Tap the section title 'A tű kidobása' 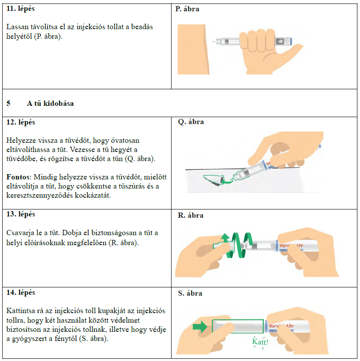[x=50, y=104]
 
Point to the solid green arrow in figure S [x=200, y=327]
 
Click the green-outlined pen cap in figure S [x=238, y=327]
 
